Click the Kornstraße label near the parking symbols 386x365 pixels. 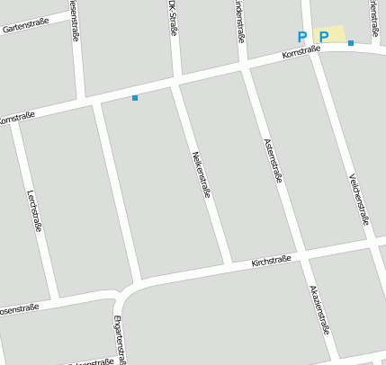coord(301,55)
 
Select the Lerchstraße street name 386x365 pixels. coord(33,210)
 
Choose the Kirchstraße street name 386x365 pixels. coord(271,262)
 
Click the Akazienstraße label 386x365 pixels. coord(319,309)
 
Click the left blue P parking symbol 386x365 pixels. coord(302,37)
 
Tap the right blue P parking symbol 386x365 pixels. coord(324,37)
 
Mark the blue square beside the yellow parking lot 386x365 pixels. coord(351,42)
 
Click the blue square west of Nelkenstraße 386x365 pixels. coord(135,97)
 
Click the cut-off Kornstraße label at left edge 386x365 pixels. coord(15,118)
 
